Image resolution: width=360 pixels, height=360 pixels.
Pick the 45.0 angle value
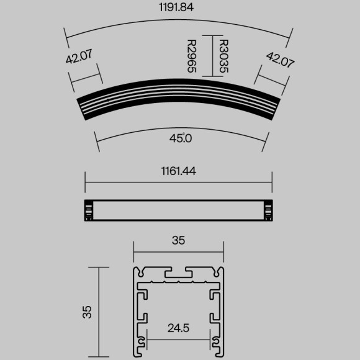(180, 138)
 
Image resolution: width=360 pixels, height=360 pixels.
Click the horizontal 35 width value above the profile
(179, 240)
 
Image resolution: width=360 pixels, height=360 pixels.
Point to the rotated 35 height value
(88, 311)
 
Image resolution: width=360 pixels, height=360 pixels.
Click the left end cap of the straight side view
(89, 210)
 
